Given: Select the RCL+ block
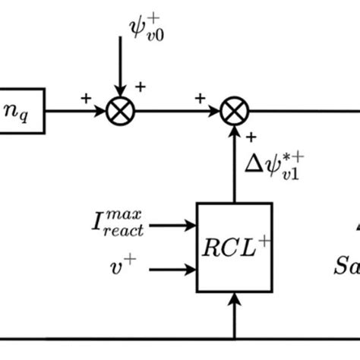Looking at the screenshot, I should [234, 248].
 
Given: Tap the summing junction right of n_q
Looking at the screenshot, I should [120, 112].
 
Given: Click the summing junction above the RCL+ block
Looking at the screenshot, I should [234, 112].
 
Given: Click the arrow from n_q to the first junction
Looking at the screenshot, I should [76, 112].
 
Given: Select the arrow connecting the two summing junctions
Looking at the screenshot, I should [177, 112].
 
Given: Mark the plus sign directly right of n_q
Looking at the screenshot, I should [85, 98].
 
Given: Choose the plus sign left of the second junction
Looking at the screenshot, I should [200, 98].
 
